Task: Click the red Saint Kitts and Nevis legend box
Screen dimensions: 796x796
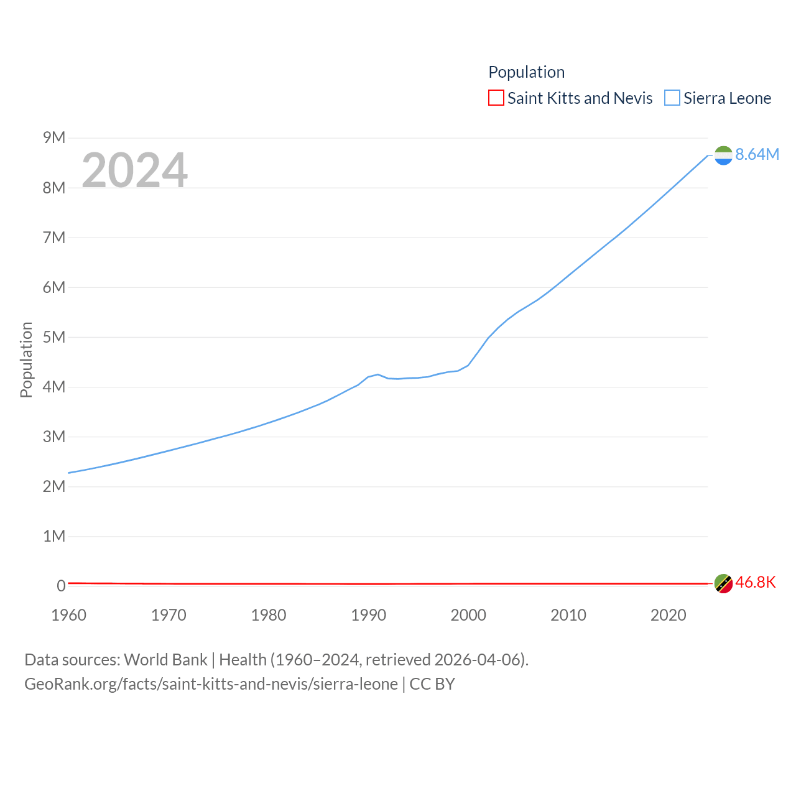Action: tap(496, 98)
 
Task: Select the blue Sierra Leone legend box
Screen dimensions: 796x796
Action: tap(672, 98)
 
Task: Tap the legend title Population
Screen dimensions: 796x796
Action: tap(526, 72)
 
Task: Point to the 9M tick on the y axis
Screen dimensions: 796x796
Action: tap(54, 137)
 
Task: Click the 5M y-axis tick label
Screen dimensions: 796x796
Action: tap(54, 337)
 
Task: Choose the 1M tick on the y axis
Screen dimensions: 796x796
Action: tap(54, 536)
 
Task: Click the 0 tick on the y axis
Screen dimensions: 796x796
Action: tap(61, 586)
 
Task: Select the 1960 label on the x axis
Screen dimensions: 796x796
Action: tap(68, 615)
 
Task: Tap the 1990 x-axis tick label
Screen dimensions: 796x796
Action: tap(368, 615)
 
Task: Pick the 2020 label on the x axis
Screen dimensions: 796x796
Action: tap(668, 615)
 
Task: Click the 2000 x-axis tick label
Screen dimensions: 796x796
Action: tap(468, 615)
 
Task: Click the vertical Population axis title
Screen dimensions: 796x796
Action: tap(26, 359)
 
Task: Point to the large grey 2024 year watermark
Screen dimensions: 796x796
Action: tap(134, 170)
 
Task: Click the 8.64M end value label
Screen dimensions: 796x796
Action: tap(757, 154)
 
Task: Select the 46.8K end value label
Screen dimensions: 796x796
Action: tap(756, 582)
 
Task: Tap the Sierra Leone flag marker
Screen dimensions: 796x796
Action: tap(723, 155)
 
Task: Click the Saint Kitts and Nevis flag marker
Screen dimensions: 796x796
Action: tap(723, 583)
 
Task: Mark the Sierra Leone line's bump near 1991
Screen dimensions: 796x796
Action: tap(378, 374)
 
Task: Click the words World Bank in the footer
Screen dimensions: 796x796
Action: tap(165, 659)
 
